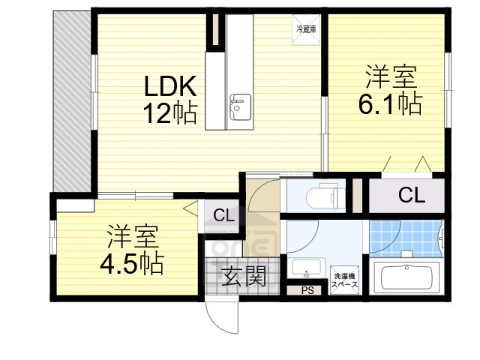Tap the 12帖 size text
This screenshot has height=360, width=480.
pyautogui.click(x=170, y=114)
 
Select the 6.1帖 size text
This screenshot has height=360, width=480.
pyautogui.click(x=389, y=103)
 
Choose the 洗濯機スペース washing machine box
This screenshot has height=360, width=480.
pyautogui.click(x=346, y=280)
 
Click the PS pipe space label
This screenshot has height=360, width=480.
pyautogui.click(x=307, y=290)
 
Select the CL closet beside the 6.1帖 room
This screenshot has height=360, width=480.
pyautogui.click(x=411, y=196)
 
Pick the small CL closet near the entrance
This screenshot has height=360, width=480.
pyautogui.click(x=223, y=215)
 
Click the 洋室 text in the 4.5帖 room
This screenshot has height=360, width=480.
pyautogui.click(x=132, y=236)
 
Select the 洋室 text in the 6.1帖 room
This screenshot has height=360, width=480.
pyautogui.click(x=390, y=76)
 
